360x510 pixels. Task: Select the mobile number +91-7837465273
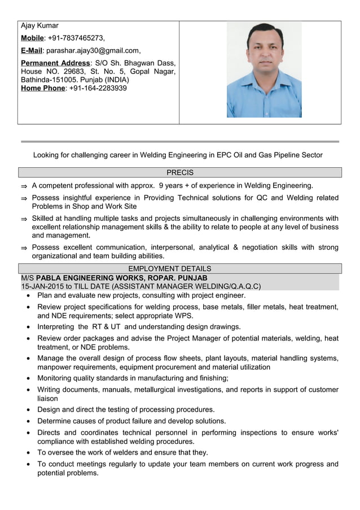(76, 38)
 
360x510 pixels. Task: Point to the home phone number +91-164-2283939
(98, 88)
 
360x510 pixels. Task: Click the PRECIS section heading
(180, 172)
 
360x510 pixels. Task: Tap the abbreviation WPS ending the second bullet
(182, 316)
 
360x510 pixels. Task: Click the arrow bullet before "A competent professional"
(24, 186)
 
